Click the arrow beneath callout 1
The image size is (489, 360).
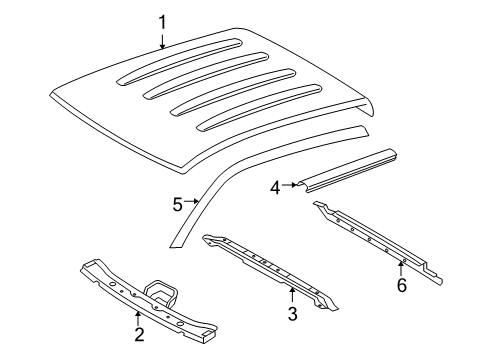(162, 40)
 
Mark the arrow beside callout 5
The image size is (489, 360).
(193, 203)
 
